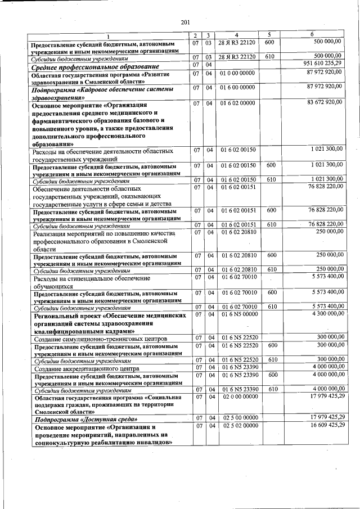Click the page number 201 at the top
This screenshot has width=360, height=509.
186,22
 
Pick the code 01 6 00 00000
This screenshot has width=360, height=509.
237,88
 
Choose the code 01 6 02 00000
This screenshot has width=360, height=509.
237,103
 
